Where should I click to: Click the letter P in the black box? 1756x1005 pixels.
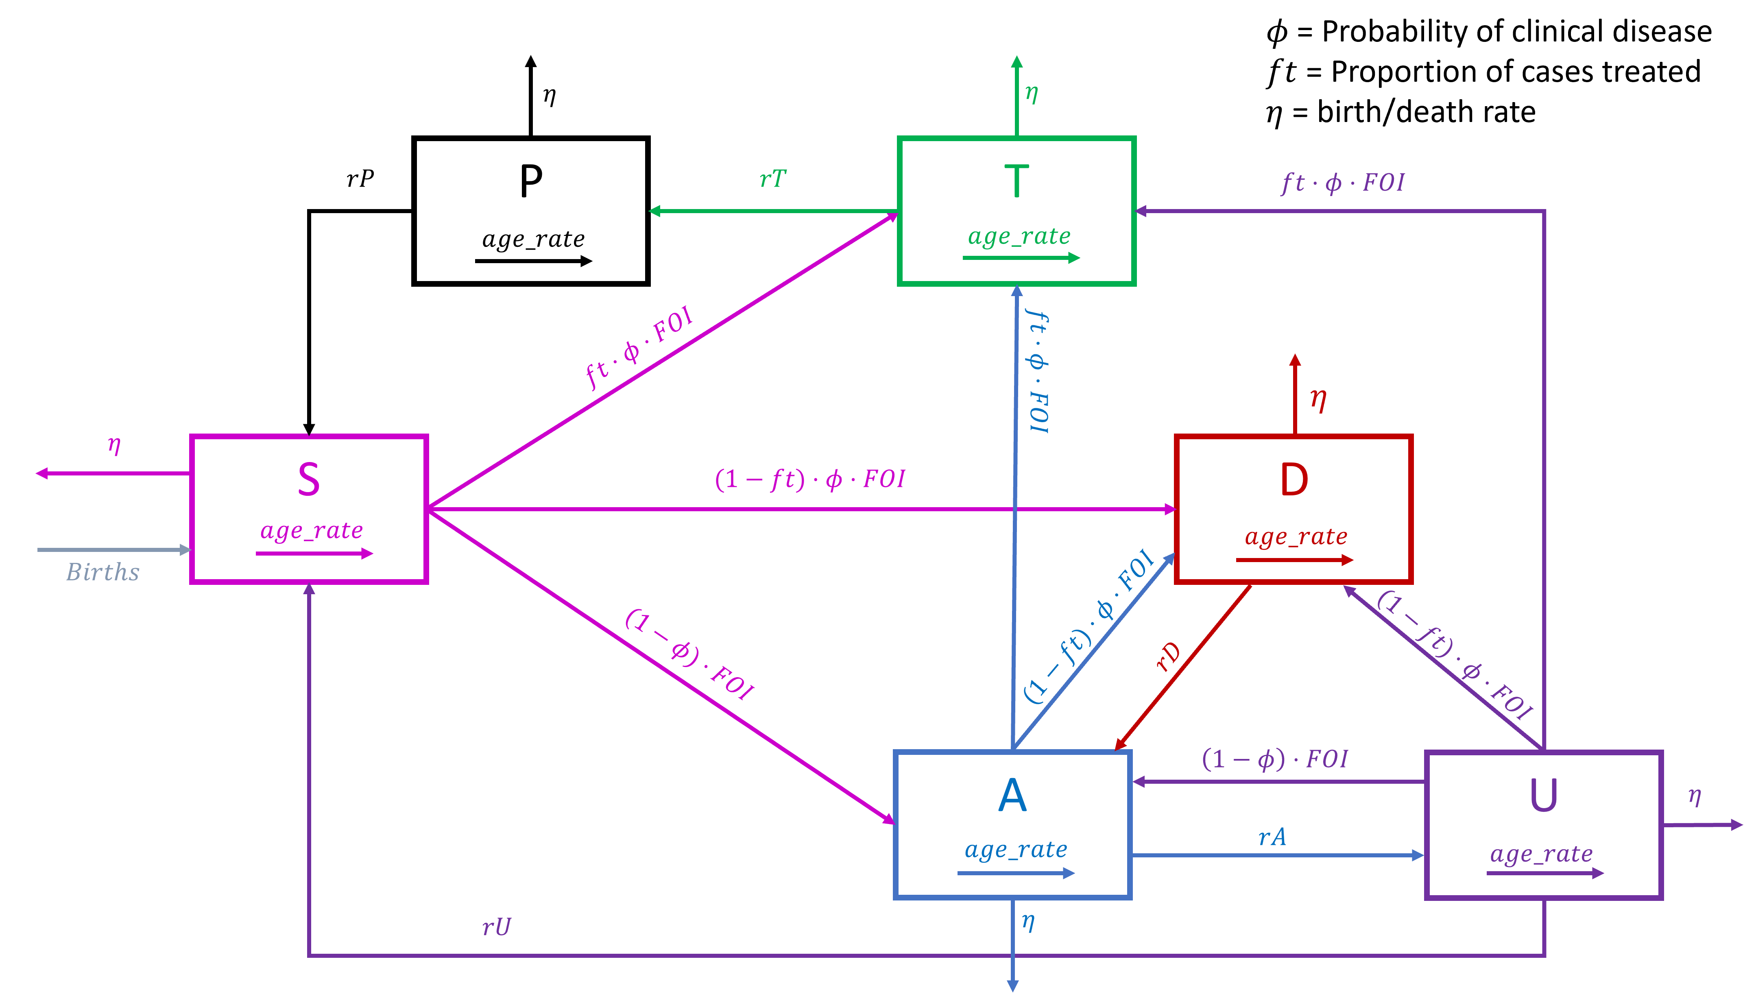[x=531, y=181]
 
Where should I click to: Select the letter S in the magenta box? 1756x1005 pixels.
[x=309, y=480]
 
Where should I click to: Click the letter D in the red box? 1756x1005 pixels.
[x=1294, y=480]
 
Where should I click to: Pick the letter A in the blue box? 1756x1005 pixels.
[x=1012, y=795]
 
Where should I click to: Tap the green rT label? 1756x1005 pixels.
[x=772, y=179]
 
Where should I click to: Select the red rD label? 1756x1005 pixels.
[x=1168, y=657]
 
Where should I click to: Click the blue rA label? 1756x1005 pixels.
[x=1272, y=837]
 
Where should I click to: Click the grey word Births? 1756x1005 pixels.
[x=103, y=572]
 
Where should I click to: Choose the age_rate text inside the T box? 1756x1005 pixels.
[x=1019, y=236]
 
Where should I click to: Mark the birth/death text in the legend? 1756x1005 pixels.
[x=1426, y=112]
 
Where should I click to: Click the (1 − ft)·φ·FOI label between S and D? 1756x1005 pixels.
[x=810, y=479]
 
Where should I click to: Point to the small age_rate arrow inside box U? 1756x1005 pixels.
[x=1545, y=873]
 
